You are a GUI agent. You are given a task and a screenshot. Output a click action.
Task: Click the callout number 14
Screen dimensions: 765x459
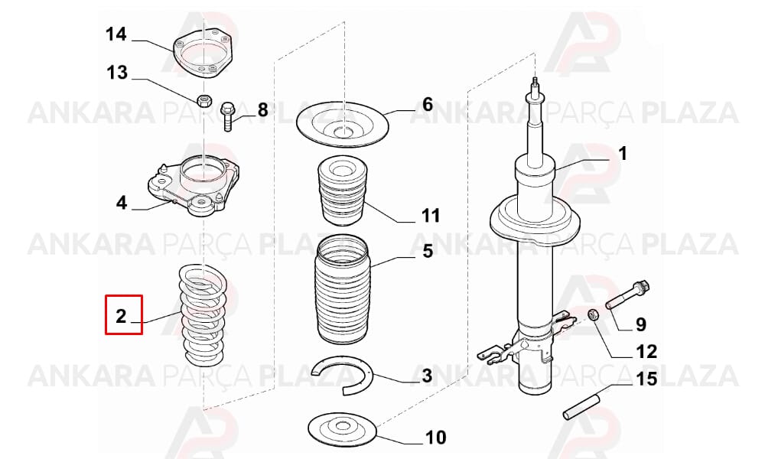pyautogui.click(x=116, y=34)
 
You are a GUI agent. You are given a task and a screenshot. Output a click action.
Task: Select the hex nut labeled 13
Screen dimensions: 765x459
pyautogui.click(x=204, y=101)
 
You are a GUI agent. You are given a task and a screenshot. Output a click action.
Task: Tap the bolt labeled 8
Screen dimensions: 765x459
pyautogui.click(x=228, y=116)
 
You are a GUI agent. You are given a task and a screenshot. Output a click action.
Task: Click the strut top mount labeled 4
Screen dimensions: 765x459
pyautogui.click(x=194, y=185)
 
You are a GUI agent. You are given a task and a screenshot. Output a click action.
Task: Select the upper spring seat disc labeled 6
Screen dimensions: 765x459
pyautogui.click(x=343, y=125)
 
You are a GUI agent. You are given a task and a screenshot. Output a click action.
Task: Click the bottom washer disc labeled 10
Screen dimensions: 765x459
pyautogui.click(x=343, y=426)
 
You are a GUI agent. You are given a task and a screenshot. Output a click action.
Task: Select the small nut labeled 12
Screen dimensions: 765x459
pyautogui.click(x=594, y=314)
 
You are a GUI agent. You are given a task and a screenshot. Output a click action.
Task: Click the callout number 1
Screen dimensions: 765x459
pyautogui.click(x=623, y=154)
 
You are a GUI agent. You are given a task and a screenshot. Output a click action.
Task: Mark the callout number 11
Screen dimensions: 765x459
pyautogui.click(x=431, y=215)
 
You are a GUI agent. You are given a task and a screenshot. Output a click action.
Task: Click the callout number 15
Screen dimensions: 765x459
pyautogui.click(x=646, y=379)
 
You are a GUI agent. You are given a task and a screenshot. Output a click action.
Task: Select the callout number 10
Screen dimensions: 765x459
pyautogui.click(x=435, y=437)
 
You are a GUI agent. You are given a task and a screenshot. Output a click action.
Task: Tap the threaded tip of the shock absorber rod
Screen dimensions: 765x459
pyautogui.click(x=535, y=81)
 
